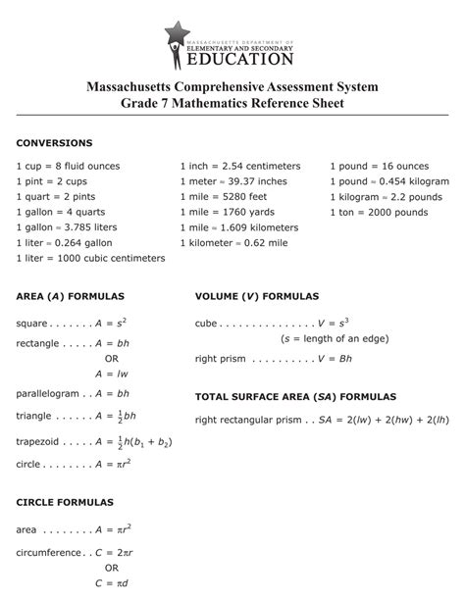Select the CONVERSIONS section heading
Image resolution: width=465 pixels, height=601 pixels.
coord(54,143)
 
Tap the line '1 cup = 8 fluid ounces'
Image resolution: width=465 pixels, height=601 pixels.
coord(68,167)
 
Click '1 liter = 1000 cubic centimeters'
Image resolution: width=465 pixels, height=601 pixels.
coord(90,258)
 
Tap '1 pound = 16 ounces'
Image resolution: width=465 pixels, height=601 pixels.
coord(379,167)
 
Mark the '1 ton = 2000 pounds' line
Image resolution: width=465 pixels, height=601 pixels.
coord(378,212)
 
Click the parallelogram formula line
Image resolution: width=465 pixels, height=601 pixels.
coord(75,393)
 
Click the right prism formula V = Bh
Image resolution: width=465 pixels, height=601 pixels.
coord(274,360)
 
